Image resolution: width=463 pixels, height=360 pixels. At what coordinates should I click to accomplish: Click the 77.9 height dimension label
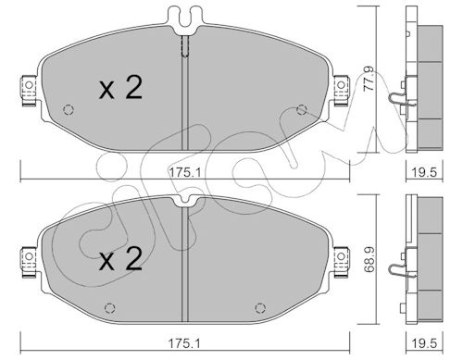tap(369, 79)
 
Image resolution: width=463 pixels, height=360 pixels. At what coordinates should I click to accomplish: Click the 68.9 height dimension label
tap(369, 259)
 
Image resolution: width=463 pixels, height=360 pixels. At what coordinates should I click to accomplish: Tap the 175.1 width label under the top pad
tap(184, 172)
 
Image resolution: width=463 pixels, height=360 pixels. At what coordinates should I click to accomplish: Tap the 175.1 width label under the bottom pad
tap(184, 343)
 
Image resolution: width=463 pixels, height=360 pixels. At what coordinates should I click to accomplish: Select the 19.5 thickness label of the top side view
tap(425, 172)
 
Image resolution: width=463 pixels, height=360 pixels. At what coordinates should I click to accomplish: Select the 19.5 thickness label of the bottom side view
tap(425, 343)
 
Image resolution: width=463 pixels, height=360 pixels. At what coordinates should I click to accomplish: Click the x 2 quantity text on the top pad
tap(120, 88)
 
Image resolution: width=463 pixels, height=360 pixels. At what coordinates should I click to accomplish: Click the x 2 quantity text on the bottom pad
tap(120, 259)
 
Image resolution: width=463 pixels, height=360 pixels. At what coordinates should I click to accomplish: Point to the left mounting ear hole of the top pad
tap(29, 85)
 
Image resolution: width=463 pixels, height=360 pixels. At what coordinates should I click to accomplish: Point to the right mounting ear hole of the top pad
tap(341, 85)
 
